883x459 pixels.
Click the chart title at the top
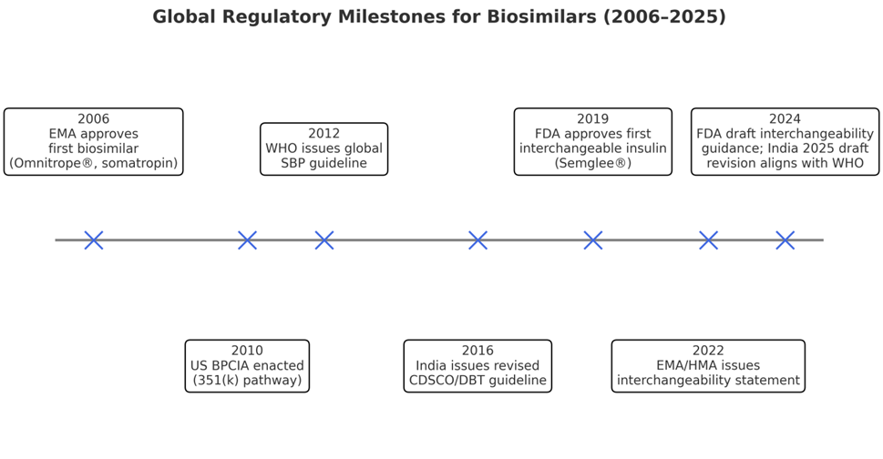pos(439,17)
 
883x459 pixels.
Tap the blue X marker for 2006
pos(94,240)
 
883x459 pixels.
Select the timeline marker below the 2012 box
pos(323,240)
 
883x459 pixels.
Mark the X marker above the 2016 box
pos(477,240)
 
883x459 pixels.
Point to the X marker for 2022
pos(708,240)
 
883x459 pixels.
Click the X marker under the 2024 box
pos(785,240)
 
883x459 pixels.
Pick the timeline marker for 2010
pos(247,240)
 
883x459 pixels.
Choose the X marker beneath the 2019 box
pos(593,240)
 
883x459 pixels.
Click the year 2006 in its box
pos(94,119)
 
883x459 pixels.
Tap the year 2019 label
pos(593,119)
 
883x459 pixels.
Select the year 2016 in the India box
pos(477,351)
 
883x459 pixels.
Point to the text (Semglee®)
pos(593,163)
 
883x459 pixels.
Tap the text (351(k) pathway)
pos(247,381)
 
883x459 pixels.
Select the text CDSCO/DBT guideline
pos(477,381)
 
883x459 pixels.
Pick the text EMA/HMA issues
pos(708,365)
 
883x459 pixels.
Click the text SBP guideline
pos(323,163)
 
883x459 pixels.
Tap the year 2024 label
pos(785,119)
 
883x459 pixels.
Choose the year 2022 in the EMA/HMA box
pos(708,351)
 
